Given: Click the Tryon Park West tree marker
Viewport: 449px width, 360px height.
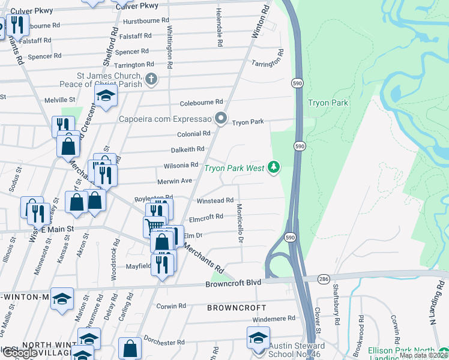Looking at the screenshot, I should (x=274, y=167).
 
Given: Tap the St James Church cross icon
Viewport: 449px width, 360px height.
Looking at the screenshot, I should (x=151, y=79).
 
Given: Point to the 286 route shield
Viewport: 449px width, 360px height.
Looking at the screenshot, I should (x=324, y=278).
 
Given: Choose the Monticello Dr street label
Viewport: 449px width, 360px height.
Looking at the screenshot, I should (x=240, y=223).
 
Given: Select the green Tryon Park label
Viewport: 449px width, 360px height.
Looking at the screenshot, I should (x=328, y=103).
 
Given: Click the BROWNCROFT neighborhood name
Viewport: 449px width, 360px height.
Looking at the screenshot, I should (x=237, y=307).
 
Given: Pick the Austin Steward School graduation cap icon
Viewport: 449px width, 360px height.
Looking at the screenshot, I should (x=259, y=337).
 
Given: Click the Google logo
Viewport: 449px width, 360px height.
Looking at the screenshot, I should (x=19, y=353).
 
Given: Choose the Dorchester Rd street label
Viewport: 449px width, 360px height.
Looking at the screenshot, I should (x=164, y=343).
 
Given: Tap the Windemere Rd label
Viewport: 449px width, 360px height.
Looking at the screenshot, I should (x=274, y=318).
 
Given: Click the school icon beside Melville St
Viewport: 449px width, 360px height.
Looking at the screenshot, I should (x=106, y=95).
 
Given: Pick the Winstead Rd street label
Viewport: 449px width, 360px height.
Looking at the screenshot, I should (x=214, y=200).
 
